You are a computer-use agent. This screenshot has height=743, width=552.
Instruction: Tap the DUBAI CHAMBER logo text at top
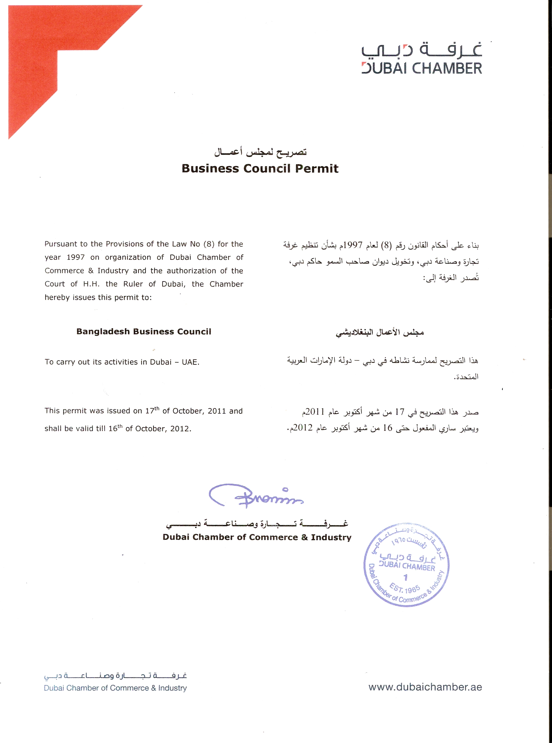(422, 69)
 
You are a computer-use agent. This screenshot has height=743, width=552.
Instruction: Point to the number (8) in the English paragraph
(209, 244)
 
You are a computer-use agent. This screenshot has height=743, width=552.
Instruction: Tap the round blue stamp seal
(406, 565)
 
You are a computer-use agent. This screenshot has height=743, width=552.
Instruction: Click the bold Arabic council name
(380, 333)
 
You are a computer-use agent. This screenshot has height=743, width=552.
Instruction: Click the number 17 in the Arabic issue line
(400, 412)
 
